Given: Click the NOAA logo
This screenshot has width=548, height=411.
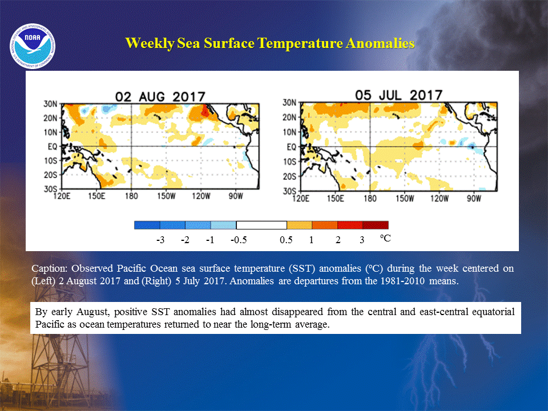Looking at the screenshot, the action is coord(33,46).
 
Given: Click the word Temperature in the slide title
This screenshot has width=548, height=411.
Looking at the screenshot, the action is coord(301,43).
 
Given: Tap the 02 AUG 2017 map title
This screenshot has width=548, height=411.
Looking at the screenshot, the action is coord(160,97).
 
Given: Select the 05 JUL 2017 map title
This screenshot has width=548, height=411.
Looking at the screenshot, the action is coord(399,95).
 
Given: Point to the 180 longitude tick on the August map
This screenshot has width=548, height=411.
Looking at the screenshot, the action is coord(131,196).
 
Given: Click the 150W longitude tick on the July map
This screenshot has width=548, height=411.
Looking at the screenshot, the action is coord(405,199).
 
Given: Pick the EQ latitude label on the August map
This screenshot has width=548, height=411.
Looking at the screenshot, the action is coord(53,147).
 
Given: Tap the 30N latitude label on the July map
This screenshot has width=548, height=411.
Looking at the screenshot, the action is coord(289,103).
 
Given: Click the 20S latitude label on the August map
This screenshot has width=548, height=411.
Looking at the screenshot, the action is coord(50,175).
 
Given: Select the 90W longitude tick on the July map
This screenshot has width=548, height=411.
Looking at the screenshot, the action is coord(474,199).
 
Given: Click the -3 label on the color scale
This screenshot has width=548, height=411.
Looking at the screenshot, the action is coord(160,240).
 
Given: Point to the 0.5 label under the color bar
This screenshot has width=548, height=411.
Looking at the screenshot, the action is coord(286,240).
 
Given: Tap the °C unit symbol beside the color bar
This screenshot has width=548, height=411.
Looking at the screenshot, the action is coord(385,239).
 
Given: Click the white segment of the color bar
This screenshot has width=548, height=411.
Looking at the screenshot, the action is coord(261,225).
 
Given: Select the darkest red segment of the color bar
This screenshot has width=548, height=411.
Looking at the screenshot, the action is coord(376,225).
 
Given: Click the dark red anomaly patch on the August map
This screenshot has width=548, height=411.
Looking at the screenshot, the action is coord(204,111).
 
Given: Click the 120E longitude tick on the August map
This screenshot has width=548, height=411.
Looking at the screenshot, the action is coord(62,196).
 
